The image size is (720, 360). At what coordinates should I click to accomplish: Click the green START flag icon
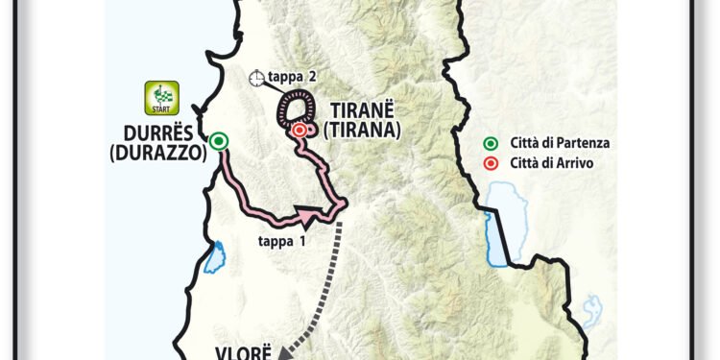point(156,97)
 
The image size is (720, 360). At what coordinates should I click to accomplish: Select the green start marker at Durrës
point(220,142)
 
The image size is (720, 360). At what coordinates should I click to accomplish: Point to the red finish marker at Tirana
point(300,130)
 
